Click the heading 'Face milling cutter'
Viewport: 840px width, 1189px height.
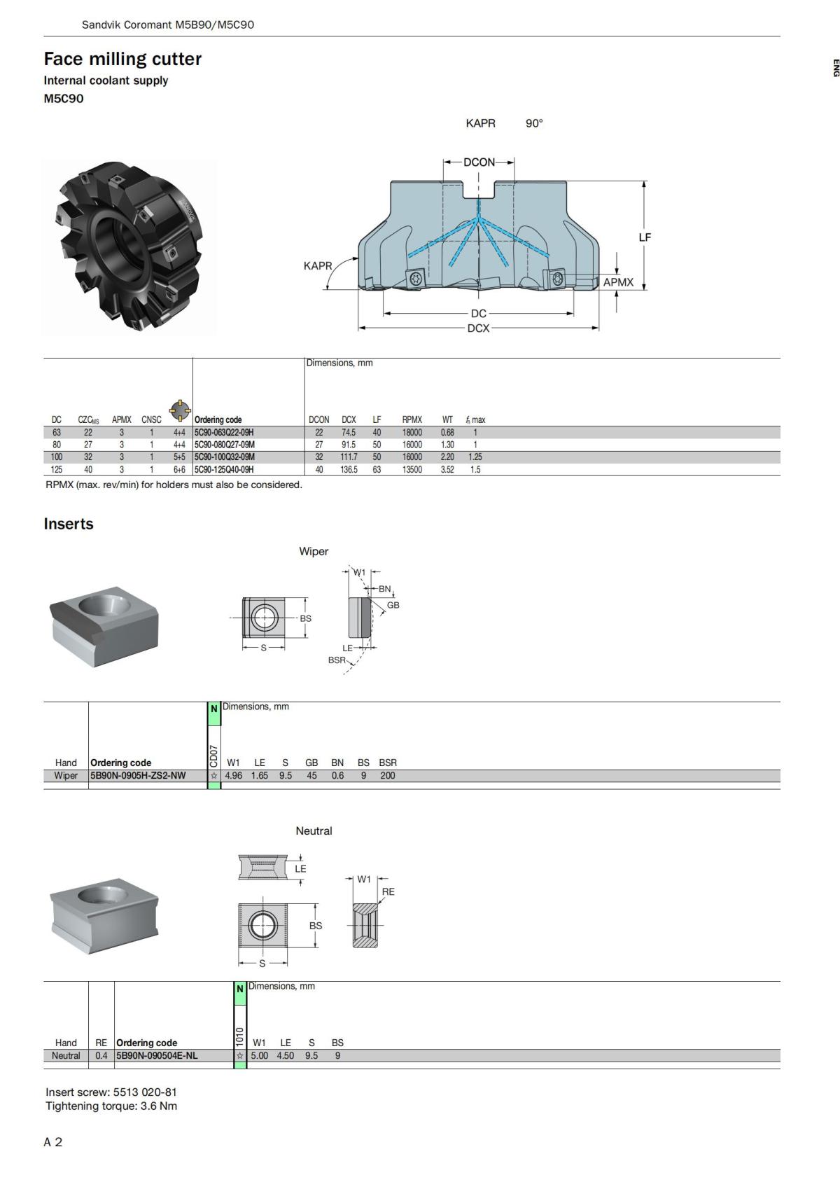[122, 59]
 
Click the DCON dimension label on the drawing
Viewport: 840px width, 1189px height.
[479, 162]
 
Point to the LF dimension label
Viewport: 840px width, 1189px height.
[644, 237]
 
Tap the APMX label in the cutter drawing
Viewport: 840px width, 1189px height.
[618, 282]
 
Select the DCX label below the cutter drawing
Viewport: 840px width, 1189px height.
[478, 328]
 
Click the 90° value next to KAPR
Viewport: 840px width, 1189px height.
[534, 123]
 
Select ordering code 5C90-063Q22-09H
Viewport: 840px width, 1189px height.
[224, 433]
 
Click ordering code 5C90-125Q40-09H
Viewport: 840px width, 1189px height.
[224, 470]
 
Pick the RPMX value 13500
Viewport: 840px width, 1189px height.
[412, 470]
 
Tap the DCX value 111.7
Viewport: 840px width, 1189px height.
[349, 457]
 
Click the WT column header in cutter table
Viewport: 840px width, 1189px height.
[447, 420]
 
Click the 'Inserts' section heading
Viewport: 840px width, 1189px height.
[69, 524]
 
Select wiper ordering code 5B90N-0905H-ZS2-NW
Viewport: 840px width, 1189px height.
[138, 775]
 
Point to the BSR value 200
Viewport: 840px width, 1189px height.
[387, 775]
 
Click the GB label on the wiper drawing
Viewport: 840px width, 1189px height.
[393, 605]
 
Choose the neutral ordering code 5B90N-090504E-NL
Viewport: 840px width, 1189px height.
[157, 1056]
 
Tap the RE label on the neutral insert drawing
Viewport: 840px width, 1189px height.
[388, 892]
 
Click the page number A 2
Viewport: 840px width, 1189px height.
[53, 1142]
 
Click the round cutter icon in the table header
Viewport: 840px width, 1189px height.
[180, 410]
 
